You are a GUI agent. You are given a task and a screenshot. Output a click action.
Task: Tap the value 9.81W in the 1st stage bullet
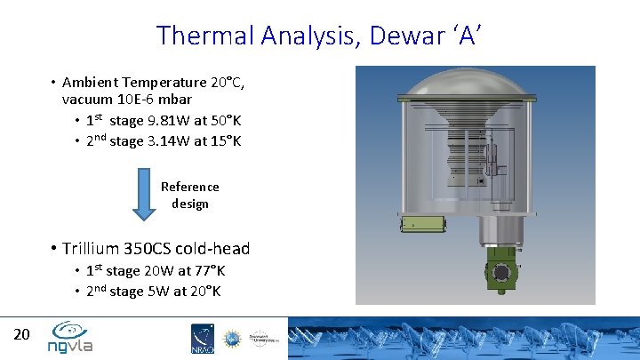pyautogui.click(x=173, y=121)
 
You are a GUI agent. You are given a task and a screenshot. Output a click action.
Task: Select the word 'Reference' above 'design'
pyautogui.click(x=189, y=187)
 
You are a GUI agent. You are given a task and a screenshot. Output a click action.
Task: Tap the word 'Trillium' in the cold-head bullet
pyautogui.click(x=90, y=249)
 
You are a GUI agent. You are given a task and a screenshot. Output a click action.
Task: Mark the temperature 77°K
pyautogui.click(x=207, y=271)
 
